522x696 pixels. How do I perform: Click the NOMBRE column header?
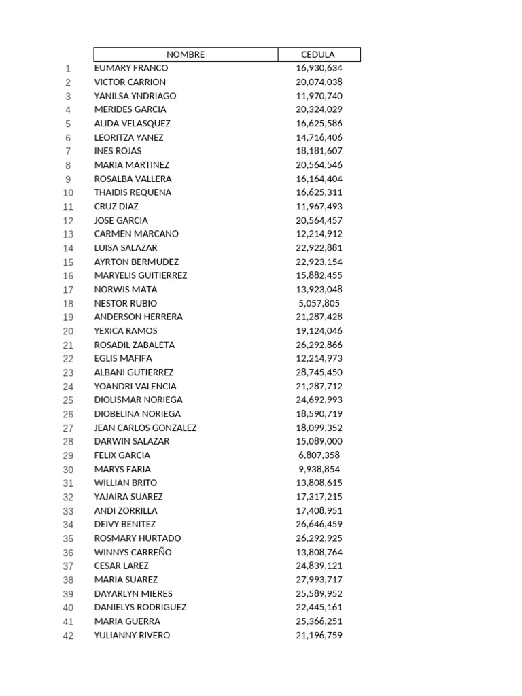click(x=186, y=54)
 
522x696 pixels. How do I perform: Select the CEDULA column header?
click(x=318, y=54)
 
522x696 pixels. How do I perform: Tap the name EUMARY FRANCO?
click(x=131, y=68)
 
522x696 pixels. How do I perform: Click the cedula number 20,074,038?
click(x=319, y=82)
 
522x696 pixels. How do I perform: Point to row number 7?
click(x=68, y=151)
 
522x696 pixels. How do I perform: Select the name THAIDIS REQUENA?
click(x=133, y=192)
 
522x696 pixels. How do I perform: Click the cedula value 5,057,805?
click(x=319, y=303)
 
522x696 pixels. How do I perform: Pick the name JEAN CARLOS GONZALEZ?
click(x=145, y=428)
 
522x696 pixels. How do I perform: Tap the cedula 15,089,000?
click(x=319, y=441)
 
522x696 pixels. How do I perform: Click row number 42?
click(x=68, y=636)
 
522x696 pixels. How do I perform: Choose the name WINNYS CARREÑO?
click(x=133, y=552)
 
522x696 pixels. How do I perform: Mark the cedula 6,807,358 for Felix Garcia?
click(x=319, y=455)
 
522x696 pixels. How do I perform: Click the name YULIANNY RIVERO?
click(x=132, y=635)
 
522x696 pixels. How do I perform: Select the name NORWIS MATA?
click(x=126, y=289)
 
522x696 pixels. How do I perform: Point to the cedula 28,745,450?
click(x=319, y=372)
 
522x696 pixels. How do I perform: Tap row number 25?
click(x=68, y=400)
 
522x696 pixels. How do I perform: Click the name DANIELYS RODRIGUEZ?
click(x=140, y=607)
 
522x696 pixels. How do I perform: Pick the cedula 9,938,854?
click(x=319, y=469)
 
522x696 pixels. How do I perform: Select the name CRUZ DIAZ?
click(x=116, y=206)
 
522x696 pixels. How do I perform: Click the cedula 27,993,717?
click(x=319, y=580)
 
